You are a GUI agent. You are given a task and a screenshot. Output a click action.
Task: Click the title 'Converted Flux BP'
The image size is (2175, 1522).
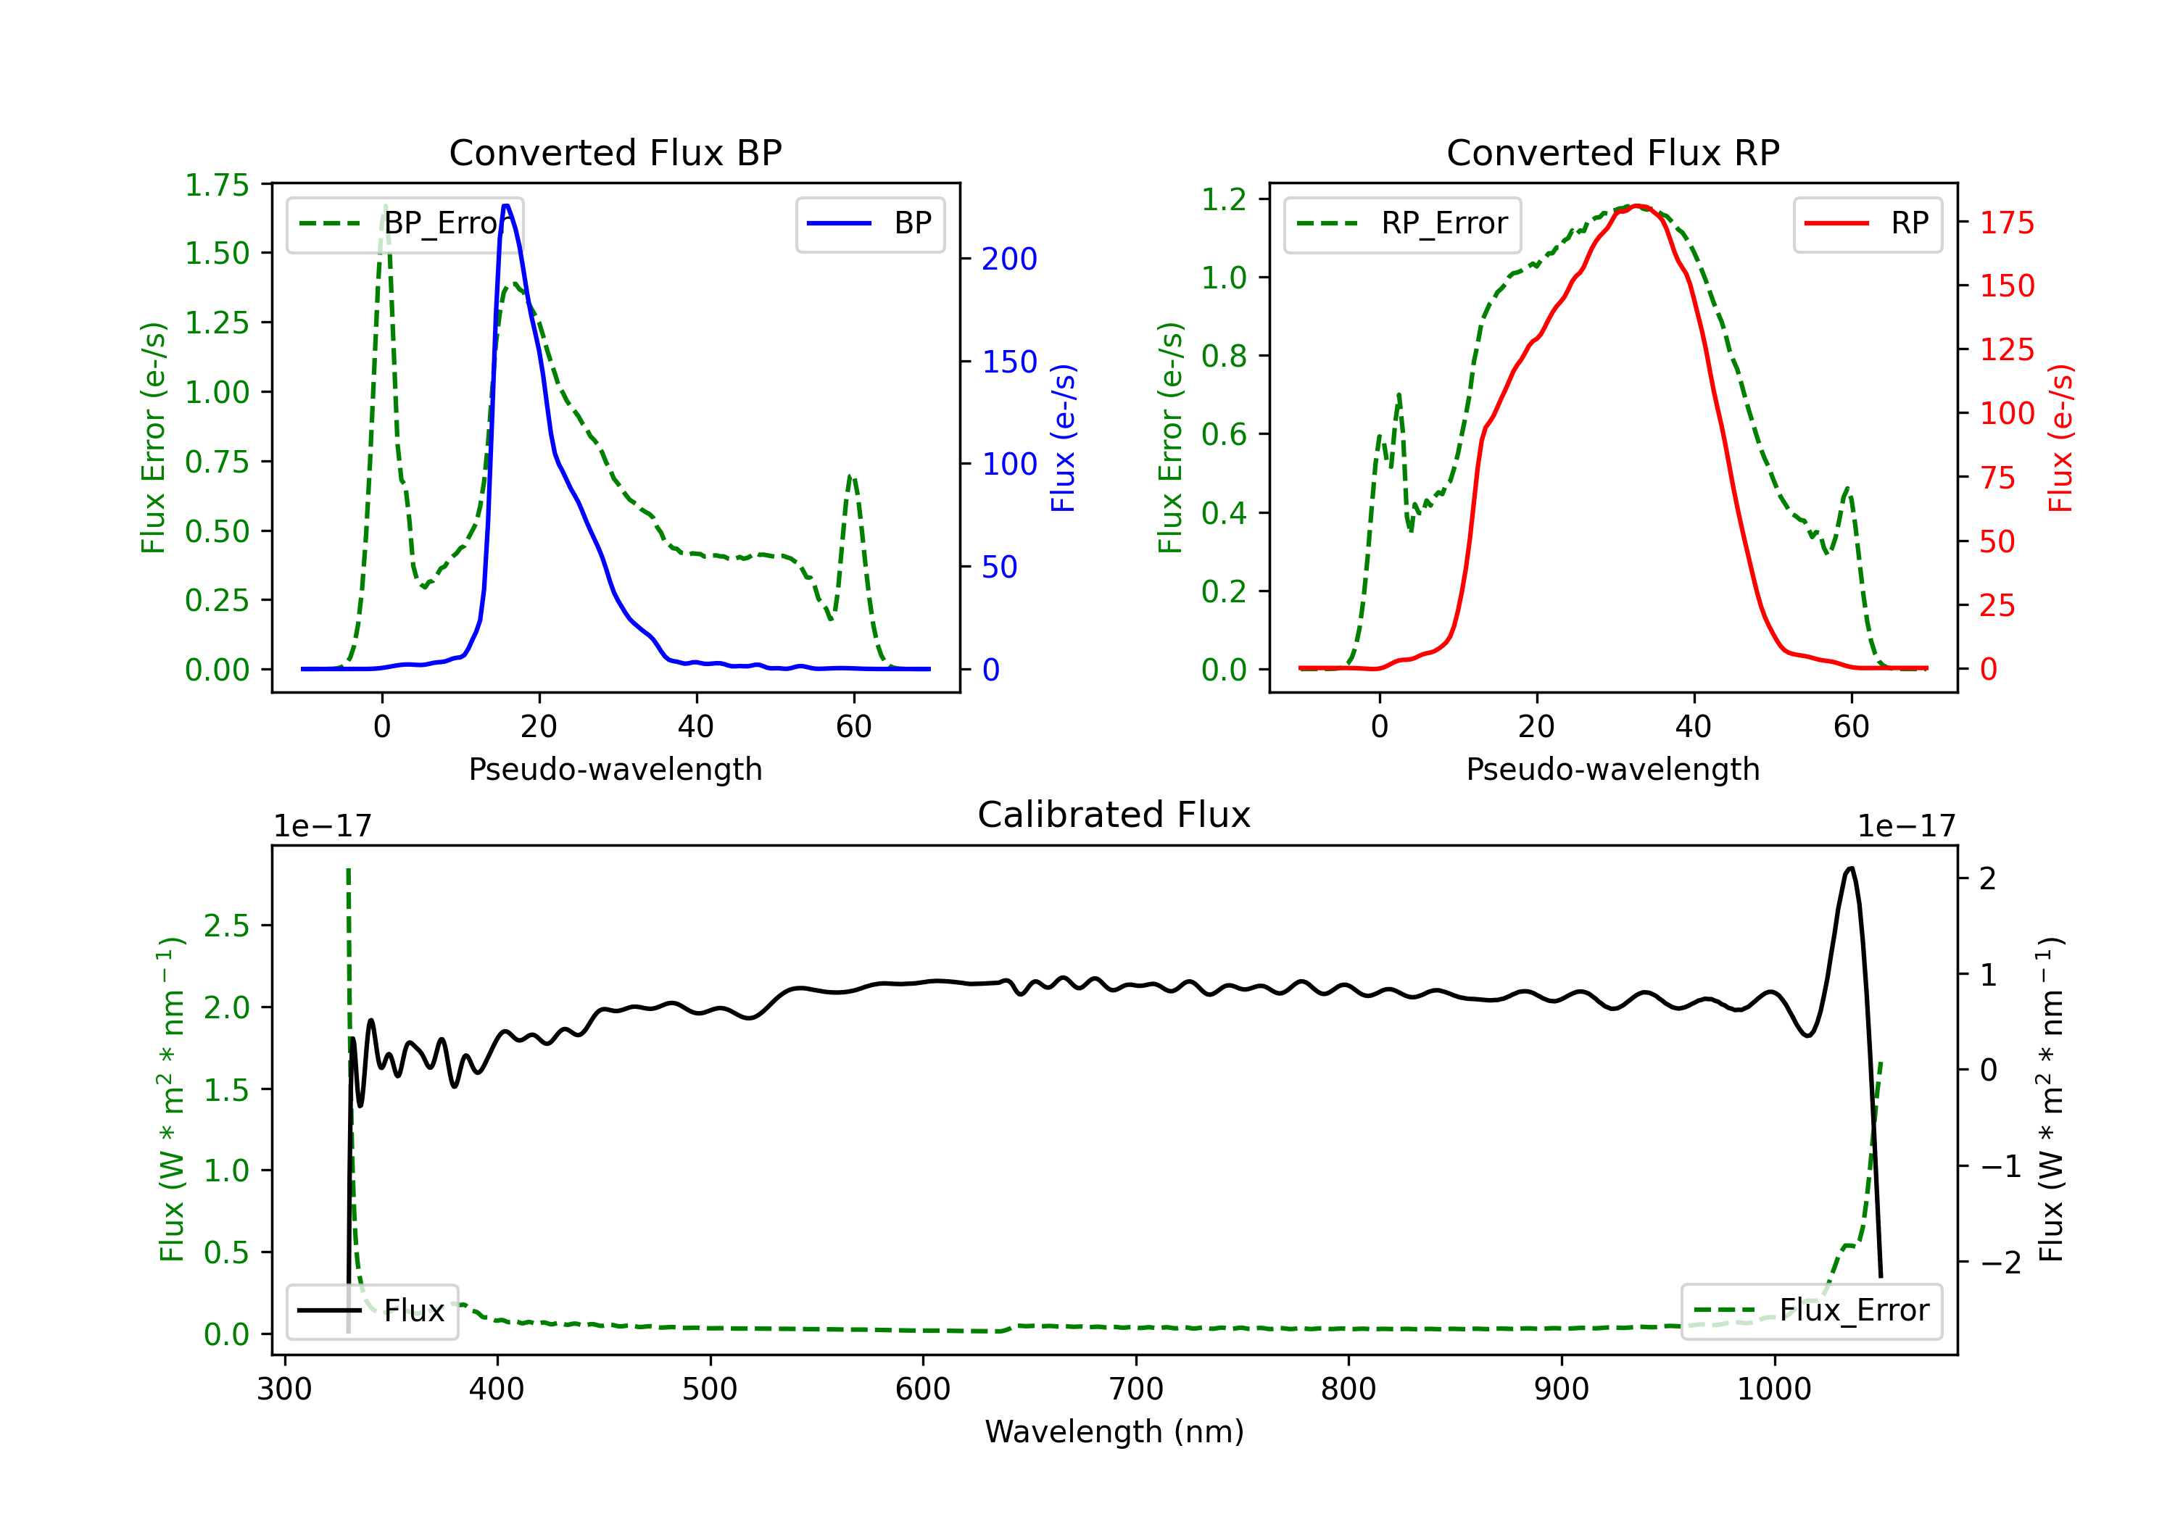(615, 152)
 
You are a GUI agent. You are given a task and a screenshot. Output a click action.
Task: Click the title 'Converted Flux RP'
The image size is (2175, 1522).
(1612, 152)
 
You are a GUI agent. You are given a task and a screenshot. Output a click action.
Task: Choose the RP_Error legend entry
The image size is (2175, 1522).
(1402, 223)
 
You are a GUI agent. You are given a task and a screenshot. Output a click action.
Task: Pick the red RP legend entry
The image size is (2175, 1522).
(1867, 223)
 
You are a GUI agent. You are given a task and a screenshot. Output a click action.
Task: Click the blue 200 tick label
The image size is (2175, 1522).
(1009, 259)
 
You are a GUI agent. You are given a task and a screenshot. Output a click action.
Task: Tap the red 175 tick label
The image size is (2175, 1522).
(2006, 223)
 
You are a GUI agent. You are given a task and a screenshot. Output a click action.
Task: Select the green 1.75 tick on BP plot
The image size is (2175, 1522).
(217, 185)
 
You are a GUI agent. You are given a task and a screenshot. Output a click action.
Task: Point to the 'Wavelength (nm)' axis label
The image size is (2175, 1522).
(1114, 1431)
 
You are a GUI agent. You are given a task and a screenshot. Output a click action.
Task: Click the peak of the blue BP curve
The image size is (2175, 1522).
(507, 206)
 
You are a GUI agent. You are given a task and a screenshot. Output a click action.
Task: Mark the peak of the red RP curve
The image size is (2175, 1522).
(1638, 207)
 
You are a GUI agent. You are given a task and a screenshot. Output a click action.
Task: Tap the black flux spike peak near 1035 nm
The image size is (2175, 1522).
(1851, 868)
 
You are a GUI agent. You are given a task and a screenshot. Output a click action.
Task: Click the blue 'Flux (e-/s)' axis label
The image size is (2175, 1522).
(1063, 438)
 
